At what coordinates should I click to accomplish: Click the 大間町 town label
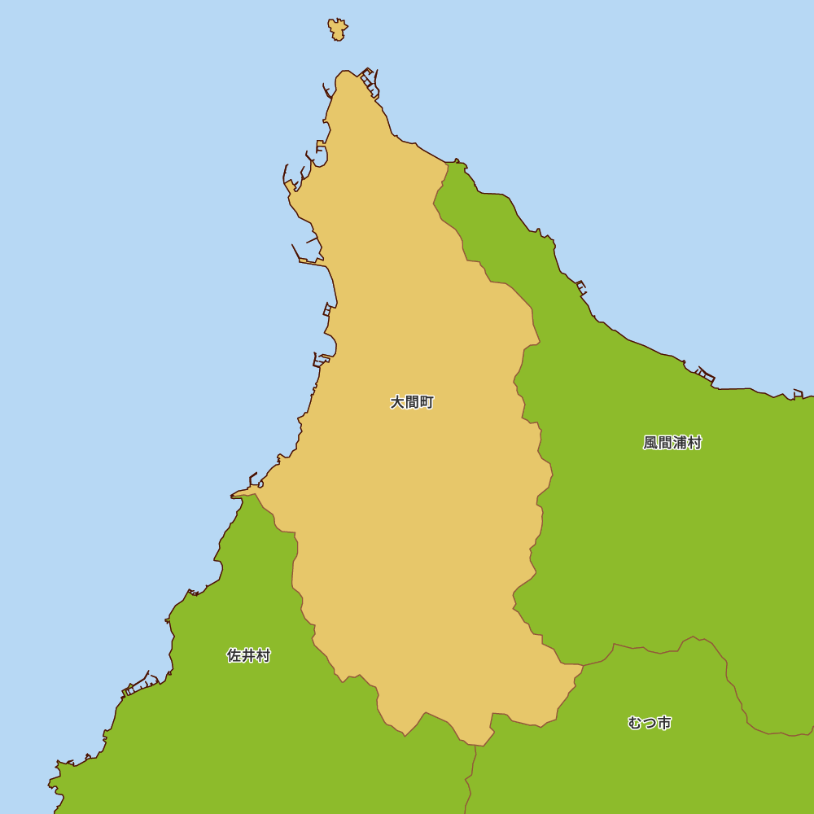coord(412,402)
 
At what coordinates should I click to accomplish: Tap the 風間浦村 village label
coord(672,443)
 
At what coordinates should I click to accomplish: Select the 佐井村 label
coord(248,655)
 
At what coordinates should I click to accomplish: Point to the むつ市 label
coord(650,723)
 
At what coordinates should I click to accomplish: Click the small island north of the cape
coord(337,29)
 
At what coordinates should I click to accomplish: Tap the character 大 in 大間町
coord(397,402)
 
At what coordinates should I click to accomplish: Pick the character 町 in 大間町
coord(427,402)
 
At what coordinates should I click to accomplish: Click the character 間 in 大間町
coord(412,402)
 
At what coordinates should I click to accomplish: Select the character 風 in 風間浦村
coord(650,443)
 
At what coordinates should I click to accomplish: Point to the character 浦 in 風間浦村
coord(680,443)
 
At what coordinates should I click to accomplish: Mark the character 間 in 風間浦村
coord(665,443)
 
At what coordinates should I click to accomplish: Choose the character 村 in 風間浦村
coord(694,443)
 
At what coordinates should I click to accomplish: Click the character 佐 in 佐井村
coord(234,655)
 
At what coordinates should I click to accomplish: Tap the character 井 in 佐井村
coord(248,655)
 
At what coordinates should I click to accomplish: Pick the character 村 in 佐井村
coord(263,655)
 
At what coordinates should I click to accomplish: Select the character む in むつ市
coord(635,723)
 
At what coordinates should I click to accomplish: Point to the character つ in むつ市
coord(650,723)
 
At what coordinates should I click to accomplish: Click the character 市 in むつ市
coord(664,723)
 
